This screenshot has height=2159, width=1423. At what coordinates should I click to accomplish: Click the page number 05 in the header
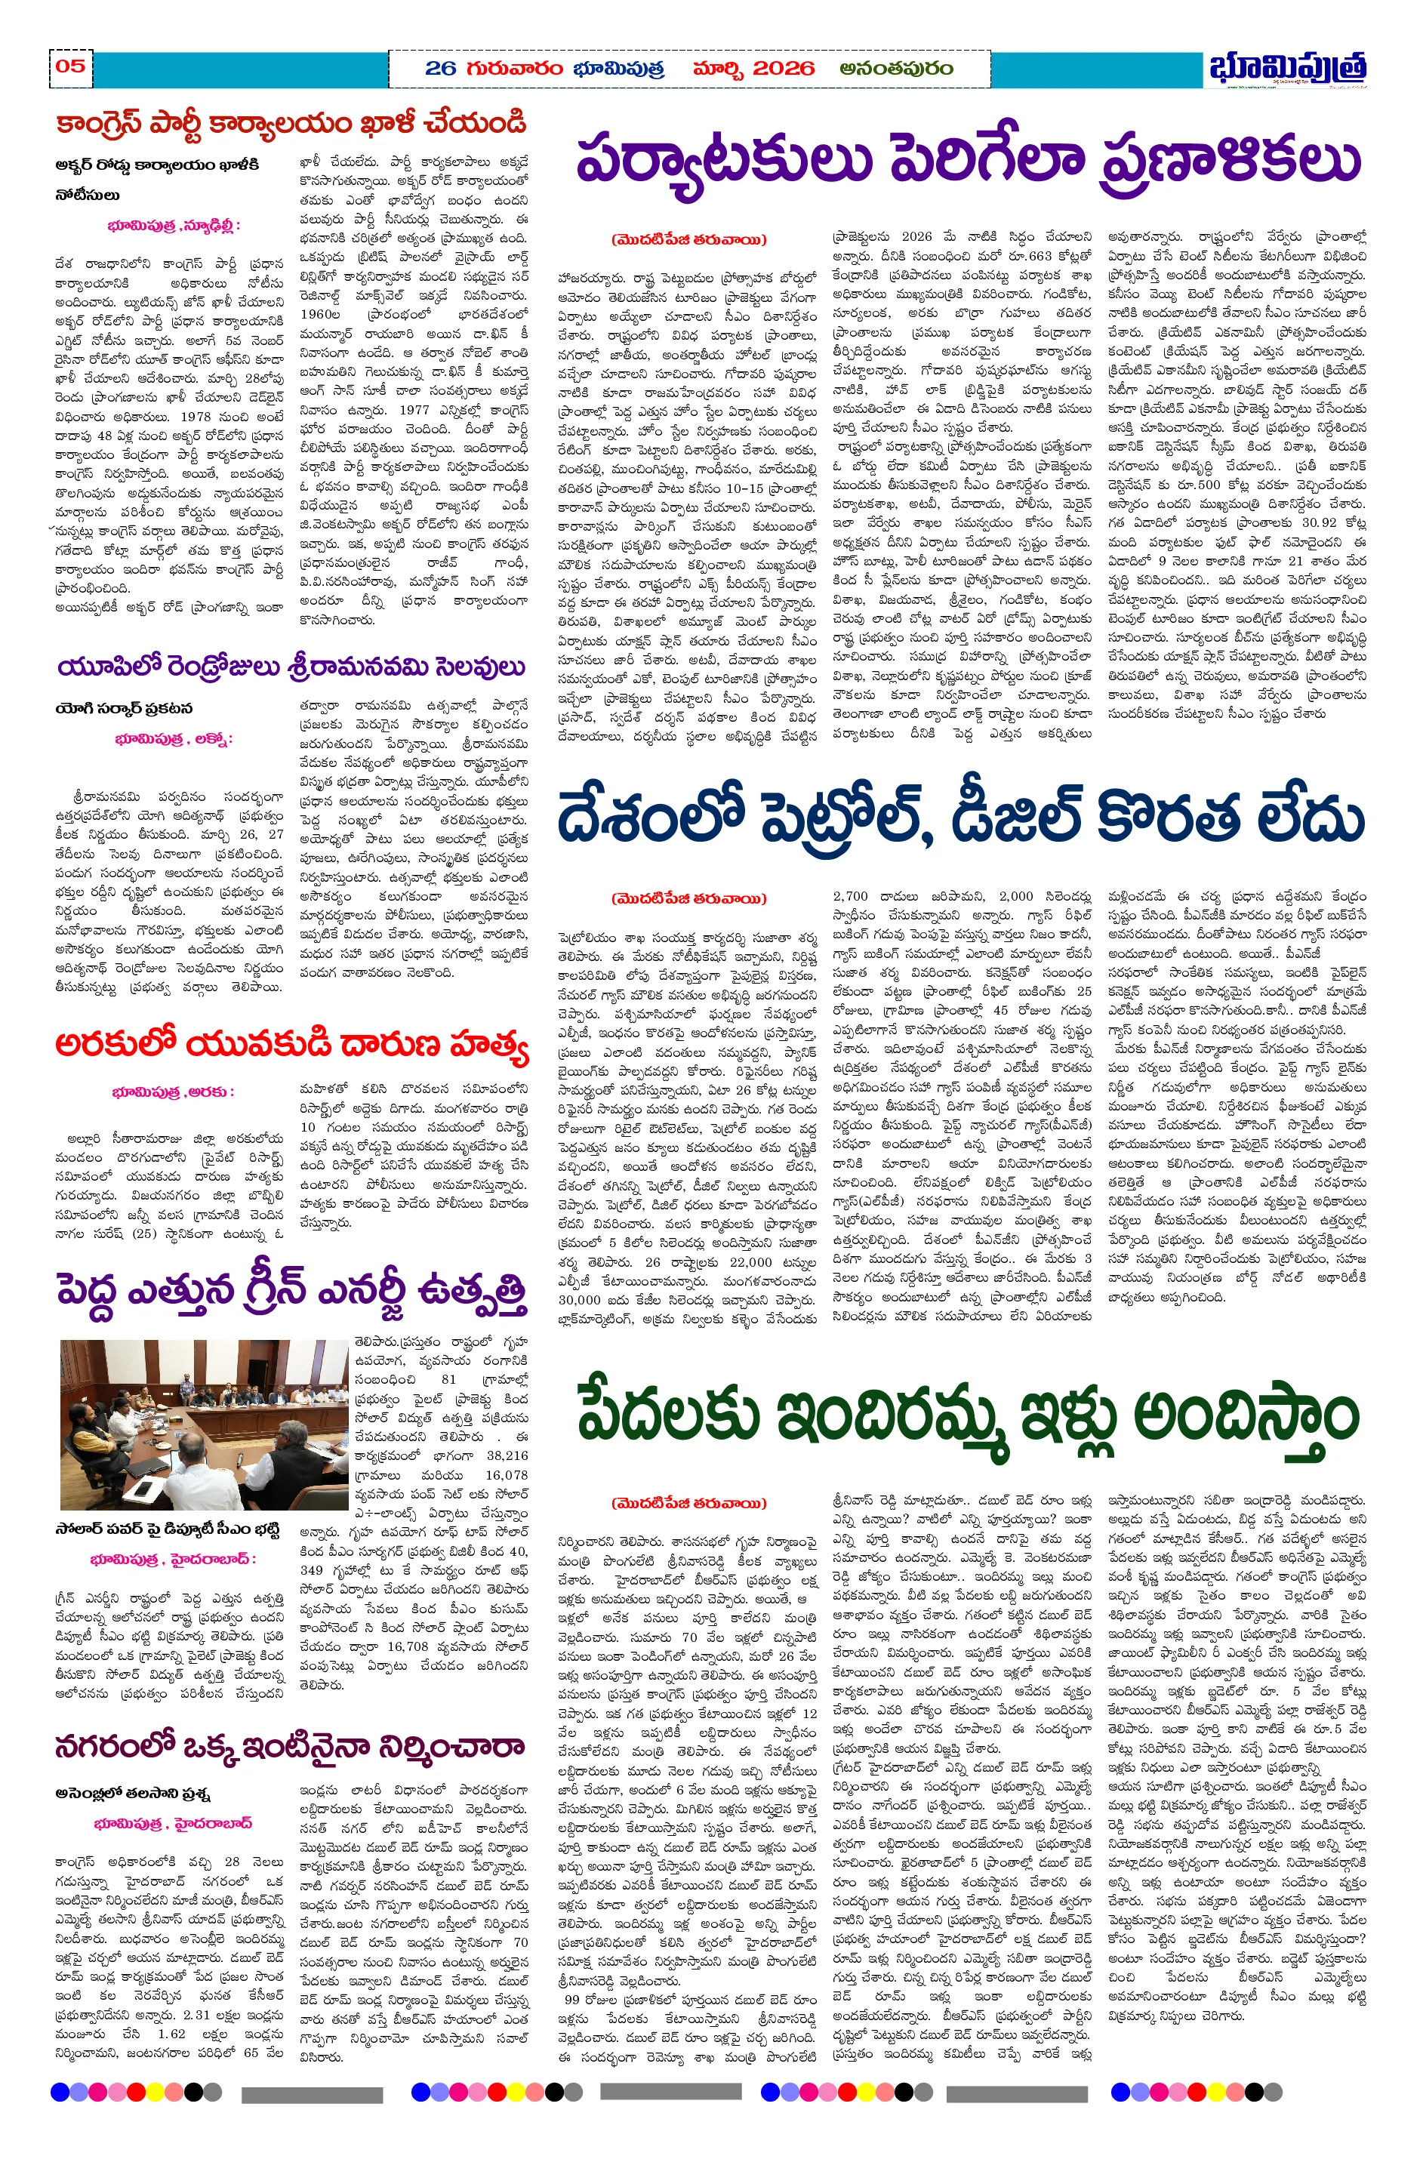pyautogui.click(x=71, y=66)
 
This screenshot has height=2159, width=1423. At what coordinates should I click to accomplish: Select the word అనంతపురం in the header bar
pyautogui.click(x=896, y=69)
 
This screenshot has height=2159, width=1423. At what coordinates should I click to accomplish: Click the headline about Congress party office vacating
pyautogui.click(x=291, y=123)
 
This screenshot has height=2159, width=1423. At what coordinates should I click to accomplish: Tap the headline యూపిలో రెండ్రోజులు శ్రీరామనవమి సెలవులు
pyautogui.click(x=291, y=667)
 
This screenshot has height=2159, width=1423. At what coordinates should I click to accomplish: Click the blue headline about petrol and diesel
pyautogui.click(x=961, y=818)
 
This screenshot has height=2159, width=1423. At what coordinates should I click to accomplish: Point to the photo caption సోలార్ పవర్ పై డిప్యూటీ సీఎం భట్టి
pyautogui.click(x=167, y=1529)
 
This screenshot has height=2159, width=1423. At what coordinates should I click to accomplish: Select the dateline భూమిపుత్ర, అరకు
pyautogui.click(x=172, y=1092)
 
